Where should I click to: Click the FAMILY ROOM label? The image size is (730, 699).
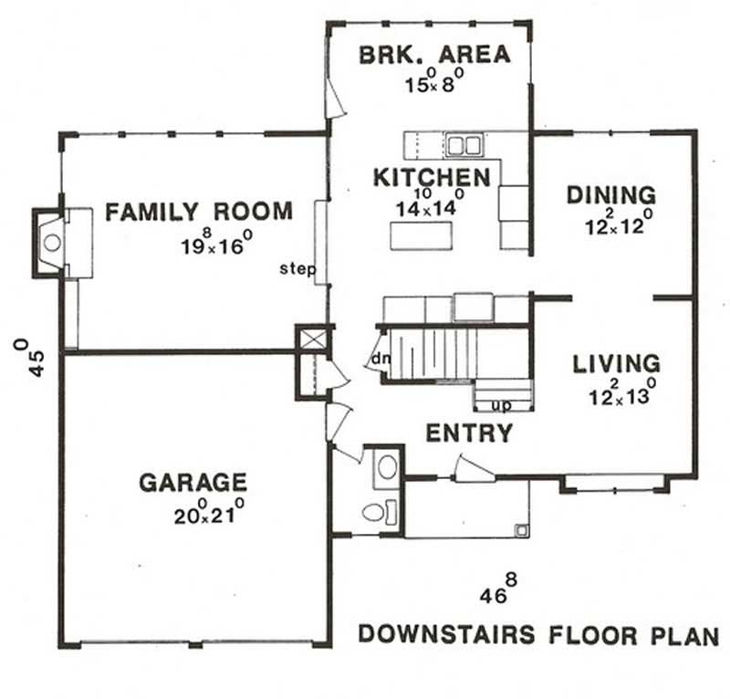click(199, 212)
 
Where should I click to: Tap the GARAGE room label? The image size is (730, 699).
click(193, 481)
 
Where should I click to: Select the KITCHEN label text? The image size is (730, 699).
click(432, 177)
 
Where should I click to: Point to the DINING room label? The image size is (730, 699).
click(610, 194)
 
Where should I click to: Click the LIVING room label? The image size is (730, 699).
click(616, 364)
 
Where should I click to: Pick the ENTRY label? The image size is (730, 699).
click(469, 433)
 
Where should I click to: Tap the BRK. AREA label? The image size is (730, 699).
click(434, 54)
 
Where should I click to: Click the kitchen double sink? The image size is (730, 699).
click(464, 144)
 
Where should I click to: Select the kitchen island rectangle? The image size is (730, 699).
click(421, 235)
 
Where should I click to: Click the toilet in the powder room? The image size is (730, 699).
click(377, 511)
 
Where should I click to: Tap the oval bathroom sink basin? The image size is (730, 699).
click(387, 467)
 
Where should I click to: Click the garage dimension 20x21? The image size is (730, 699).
click(208, 513)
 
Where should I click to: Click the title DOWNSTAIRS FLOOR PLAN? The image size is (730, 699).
click(538, 634)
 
